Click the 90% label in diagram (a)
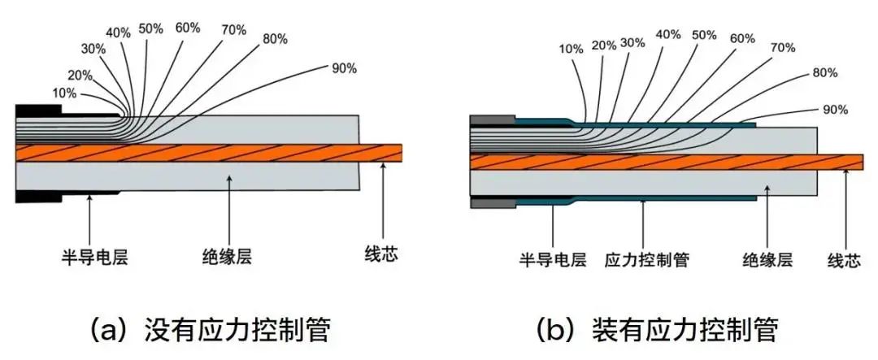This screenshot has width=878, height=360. [x=344, y=68]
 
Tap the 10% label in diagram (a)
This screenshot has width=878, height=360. [x=63, y=93]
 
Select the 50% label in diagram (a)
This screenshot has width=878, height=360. [x=150, y=28]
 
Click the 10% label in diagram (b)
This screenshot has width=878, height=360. [x=571, y=49]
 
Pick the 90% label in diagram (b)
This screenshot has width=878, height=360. [x=836, y=109]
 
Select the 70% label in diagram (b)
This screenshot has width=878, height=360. [x=782, y=48]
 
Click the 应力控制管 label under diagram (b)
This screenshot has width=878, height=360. [x=647, y=260]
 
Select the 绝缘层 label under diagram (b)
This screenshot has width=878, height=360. [x=767, y=260]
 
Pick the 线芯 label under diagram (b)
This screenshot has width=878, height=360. [x=844, y=260]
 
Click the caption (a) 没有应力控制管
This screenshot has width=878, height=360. [x=211, y=329]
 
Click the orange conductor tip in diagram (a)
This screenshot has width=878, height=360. [x=393, y=152]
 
